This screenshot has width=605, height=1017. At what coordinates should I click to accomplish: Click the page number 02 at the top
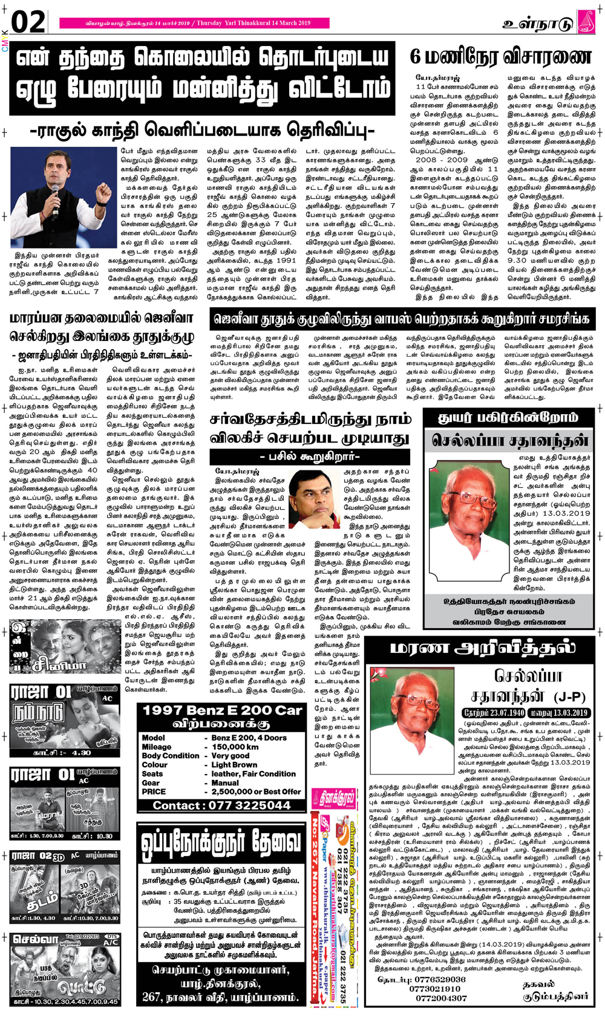click(x=28, y=22)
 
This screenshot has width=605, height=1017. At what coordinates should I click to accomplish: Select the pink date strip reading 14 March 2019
click(x=194, y=23)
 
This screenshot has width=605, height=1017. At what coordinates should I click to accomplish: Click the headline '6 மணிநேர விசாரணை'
click(x=500, y=57)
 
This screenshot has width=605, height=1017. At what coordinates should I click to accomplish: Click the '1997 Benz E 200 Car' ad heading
click(x=222, y=710)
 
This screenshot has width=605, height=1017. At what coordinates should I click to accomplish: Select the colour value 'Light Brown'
click(x=234, y=764)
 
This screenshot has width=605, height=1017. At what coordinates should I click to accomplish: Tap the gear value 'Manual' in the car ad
click(x=225, y=782)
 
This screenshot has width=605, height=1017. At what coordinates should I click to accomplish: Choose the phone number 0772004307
click(x=441, y=998)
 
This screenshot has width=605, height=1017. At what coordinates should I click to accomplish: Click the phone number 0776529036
click(x=440, y=980)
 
